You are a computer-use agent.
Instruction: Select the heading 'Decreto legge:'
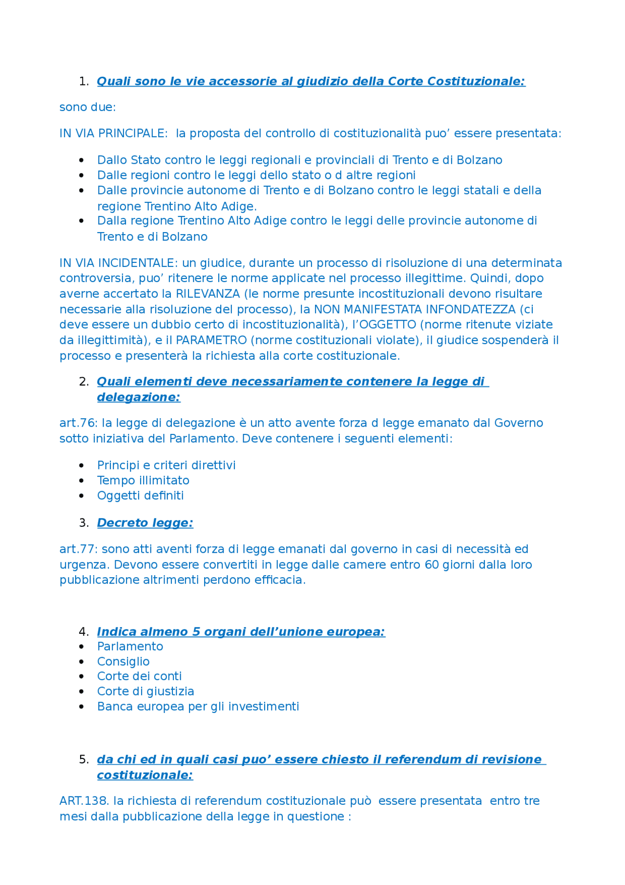[x=145, y=523]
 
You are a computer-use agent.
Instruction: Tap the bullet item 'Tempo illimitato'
[x=143, y=480]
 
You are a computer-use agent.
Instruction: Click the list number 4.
[x=83, y=632]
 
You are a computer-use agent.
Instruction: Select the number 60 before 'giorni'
[x=432, y=565]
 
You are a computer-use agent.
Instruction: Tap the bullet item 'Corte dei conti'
[x=139, y=676]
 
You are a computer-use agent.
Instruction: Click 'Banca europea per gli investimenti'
[x=198, y=707]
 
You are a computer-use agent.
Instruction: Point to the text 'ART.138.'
[x=84, y=801]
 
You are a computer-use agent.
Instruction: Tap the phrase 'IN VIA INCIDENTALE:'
[x=119, y=263]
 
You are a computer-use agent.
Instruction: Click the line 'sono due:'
[x=88, y=107]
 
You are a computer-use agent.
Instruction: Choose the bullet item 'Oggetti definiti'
[x=140, y=496]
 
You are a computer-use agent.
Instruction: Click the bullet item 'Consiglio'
[x=123, y=662]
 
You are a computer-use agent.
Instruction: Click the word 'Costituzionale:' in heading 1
[x=476, y=82]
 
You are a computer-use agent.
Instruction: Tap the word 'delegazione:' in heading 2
[x=139, y=397]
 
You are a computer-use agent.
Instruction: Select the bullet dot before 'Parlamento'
[x=82, y=647]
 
